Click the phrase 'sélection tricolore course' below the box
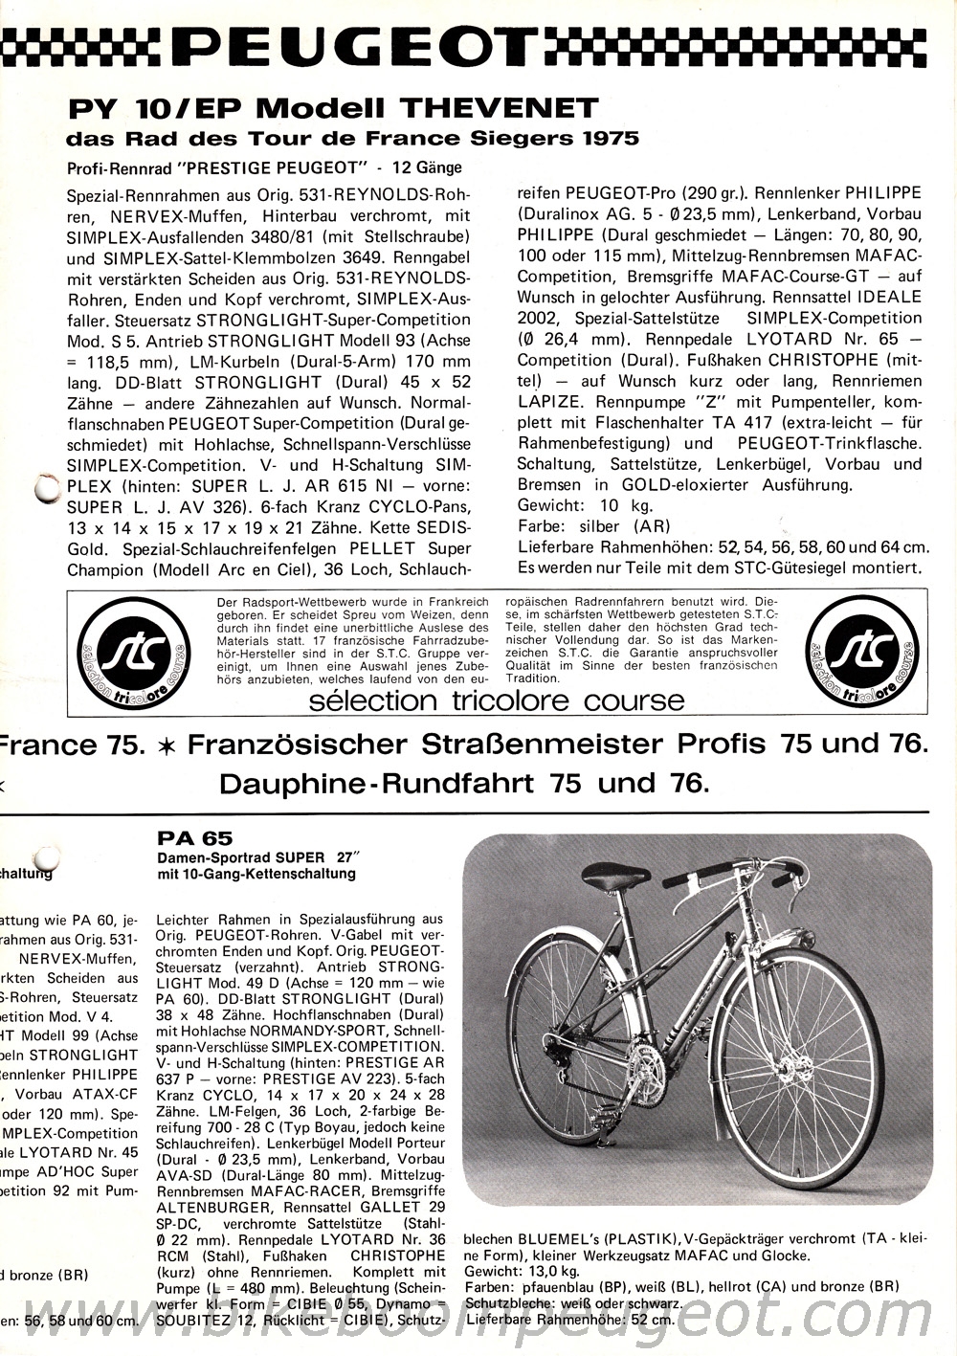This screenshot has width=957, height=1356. tap(497, 700)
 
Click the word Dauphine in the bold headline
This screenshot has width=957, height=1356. tap(293, 784)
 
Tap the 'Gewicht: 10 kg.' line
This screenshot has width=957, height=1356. tap(585, 504)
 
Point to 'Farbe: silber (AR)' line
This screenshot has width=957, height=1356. tap(593, 525)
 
